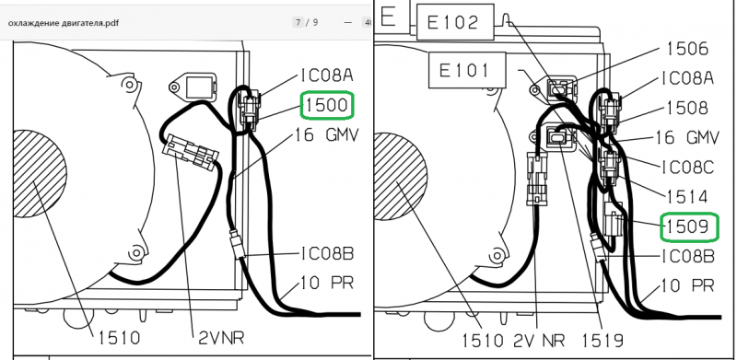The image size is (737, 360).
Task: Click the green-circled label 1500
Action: (x=327, y=105)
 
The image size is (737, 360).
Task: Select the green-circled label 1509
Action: (x=689, y=227)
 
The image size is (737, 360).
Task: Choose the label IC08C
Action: (x=687, y=167)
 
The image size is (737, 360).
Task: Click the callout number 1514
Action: (x=687, y=197)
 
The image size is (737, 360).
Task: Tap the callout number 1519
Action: (x=602, y=341)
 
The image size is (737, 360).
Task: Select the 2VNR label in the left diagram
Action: (x=221, y=337)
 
